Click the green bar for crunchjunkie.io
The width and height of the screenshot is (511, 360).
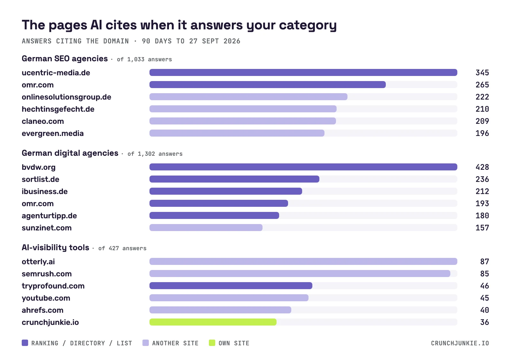[x=213, y=322]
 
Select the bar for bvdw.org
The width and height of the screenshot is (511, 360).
[x=303, y=167]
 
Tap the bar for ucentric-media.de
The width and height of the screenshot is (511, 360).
[x=303, y=72]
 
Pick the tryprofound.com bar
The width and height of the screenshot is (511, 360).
[x=231, y=286]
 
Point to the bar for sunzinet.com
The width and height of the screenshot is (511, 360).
[x=206, y=228]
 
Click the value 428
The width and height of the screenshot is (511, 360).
[x=482, y=167]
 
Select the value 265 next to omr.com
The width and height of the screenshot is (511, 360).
[x=482, y=85]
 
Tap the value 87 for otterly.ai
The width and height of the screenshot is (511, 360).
[x=484, y=261]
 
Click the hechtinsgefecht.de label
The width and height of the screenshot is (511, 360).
[x=58, y=109]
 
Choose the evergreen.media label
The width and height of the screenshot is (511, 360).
[x=53, y=133]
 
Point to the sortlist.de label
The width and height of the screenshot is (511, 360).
[x=40, y=179]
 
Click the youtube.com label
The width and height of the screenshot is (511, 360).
[x=46, y=298]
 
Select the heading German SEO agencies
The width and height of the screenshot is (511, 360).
[x=65, y=59]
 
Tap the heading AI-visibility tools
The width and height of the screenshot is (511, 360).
[x=56, y=247]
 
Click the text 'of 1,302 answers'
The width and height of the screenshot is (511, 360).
[x=155, y=154]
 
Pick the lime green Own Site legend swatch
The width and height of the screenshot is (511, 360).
[x=212, y=343]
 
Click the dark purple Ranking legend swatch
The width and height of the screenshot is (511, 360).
[x=25, y=343]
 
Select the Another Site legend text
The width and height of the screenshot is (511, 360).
[x=175, y=343]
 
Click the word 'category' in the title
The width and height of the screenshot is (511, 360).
[x=308, y=25]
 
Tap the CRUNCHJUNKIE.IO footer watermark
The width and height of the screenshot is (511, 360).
[x=460, y=343]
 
